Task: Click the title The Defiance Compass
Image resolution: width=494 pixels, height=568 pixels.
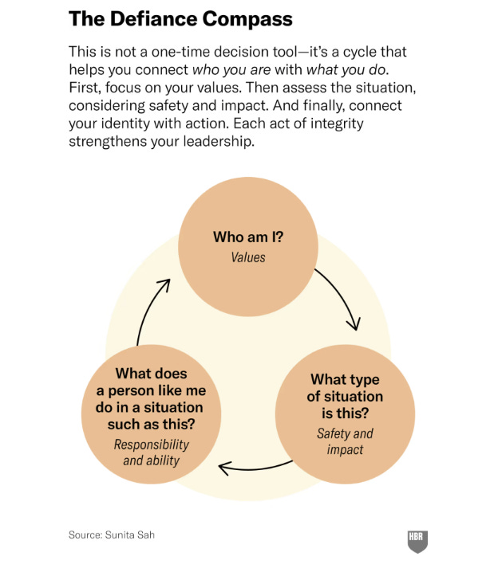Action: (180, 18)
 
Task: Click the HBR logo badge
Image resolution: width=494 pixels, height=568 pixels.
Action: (417, 539)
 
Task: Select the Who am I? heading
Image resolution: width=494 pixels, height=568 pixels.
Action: (247, 237)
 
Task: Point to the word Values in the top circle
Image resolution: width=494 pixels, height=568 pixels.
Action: (247, 257)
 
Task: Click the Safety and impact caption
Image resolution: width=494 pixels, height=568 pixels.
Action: (345, 441)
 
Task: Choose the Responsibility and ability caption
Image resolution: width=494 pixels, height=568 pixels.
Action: (151, 452)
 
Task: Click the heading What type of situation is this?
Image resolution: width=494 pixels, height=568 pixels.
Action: (346, 396)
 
